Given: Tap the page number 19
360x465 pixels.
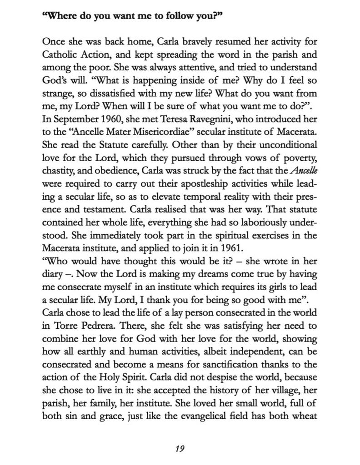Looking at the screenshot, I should point(180,449).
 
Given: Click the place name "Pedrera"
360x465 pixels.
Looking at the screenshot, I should point(90,326).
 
